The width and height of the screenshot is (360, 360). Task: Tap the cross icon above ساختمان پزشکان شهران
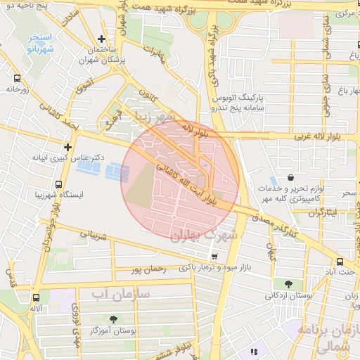point(103,39)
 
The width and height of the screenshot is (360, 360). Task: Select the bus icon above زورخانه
point(16,79)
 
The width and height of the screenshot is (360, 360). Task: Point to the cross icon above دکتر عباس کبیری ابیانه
point(67,147)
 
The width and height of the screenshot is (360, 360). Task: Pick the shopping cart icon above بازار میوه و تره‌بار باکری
point(214,257)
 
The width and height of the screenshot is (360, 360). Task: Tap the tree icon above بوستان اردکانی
point(289,285)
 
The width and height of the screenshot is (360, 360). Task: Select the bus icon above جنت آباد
point(340,260)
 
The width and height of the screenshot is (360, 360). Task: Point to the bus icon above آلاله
point(34,297)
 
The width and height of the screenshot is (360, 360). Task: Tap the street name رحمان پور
point(147,269)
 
